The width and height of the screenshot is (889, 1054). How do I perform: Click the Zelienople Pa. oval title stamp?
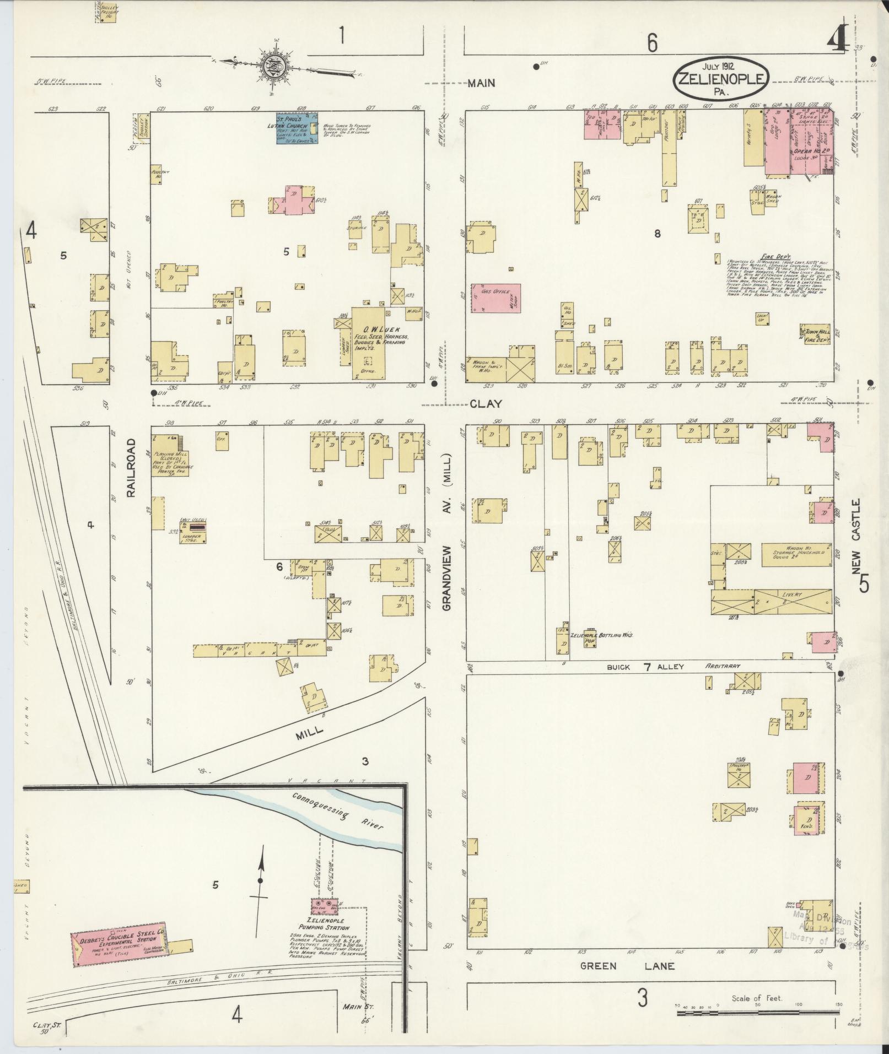(721, 79)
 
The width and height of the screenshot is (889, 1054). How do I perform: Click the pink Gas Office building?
(495, 298)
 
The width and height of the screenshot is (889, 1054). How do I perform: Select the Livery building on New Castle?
(772, 602)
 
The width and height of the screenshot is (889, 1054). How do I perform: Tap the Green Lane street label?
(627, 966)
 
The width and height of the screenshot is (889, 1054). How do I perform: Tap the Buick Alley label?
(645, 667)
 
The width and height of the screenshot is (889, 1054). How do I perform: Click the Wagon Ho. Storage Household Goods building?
(794, 555)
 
